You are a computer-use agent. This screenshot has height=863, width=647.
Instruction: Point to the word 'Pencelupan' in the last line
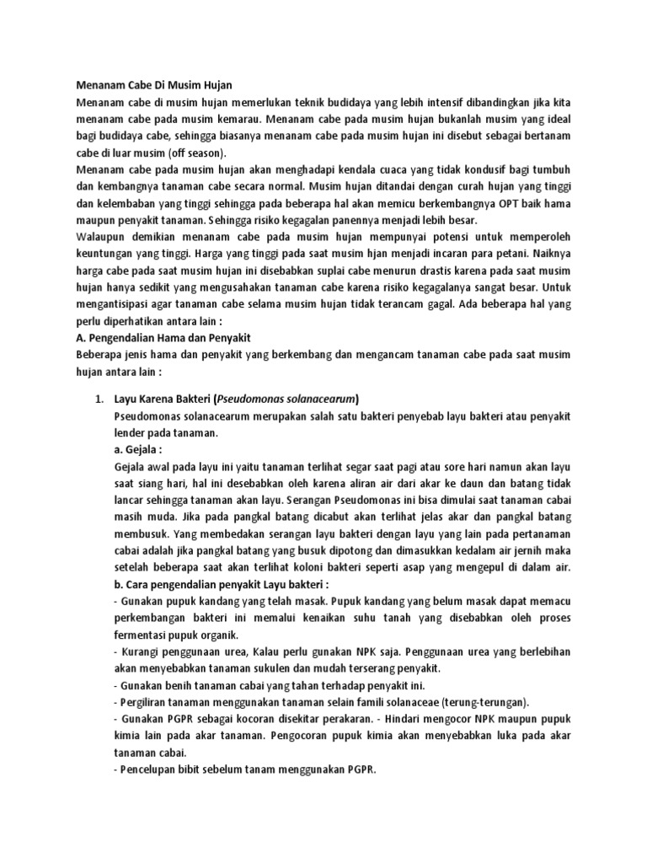(148, 769)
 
